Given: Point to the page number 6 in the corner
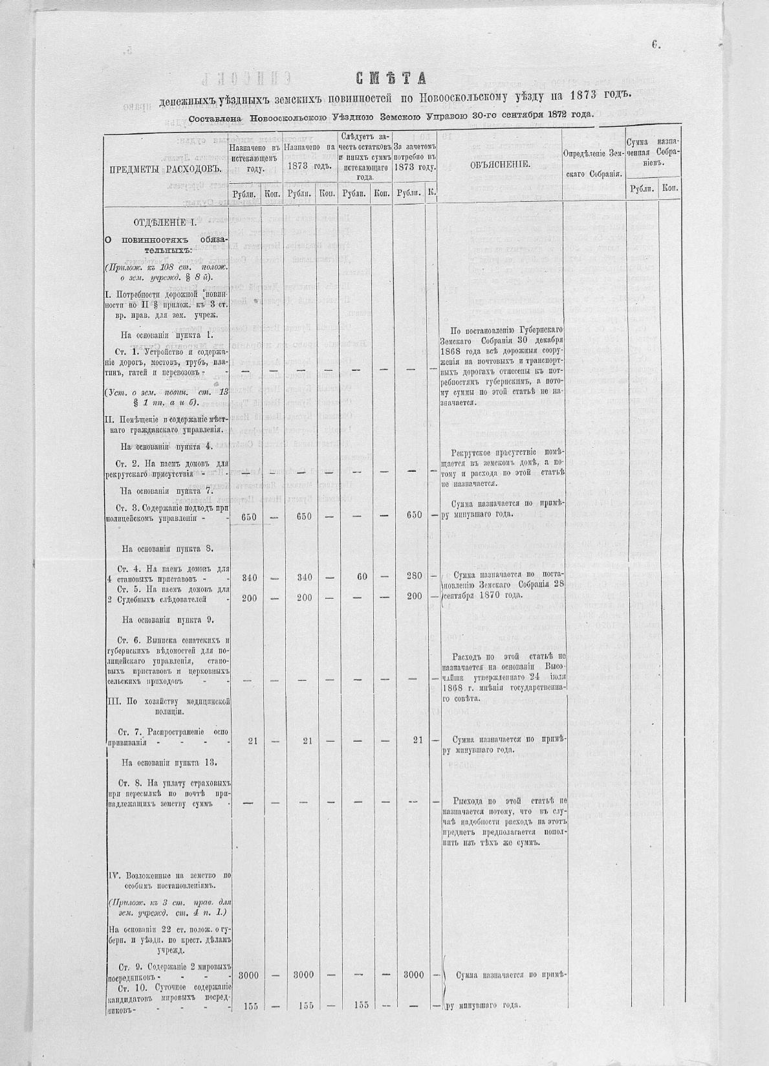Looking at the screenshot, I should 655,45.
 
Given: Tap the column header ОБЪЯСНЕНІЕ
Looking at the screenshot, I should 501,164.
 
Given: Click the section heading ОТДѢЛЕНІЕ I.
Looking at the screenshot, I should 165,223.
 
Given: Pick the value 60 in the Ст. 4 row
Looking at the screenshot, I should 362,576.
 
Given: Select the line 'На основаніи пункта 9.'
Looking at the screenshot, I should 168,619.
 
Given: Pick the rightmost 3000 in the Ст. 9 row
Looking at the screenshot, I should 414,975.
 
